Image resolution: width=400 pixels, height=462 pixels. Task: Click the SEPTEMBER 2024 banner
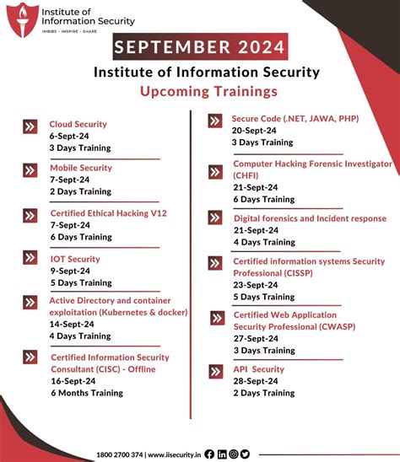tap(199, 46)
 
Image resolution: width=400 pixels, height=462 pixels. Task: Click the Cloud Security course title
tap(78, 124)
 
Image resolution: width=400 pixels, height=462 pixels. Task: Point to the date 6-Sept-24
tap(69, 136)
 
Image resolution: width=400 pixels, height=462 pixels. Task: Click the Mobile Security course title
tap(80, 168)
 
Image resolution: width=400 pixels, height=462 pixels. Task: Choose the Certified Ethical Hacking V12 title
tap(109, 213)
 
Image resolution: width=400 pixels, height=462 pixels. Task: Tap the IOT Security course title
tap(75, 259)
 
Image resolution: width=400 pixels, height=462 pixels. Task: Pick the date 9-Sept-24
tap(69, 271)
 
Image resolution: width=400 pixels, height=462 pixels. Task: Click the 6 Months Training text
tap(87, 392)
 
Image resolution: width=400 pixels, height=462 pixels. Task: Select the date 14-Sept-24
tap(73, 324)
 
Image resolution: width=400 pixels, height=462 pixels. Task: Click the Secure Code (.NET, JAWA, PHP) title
tap(295, 119)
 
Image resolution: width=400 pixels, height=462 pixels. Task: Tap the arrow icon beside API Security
tap(216, 371)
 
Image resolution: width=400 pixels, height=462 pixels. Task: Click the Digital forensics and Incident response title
tap(309, 218)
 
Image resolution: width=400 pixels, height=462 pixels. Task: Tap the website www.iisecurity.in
tap(175, 454)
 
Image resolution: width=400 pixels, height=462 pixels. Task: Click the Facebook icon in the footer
tap(209, 454)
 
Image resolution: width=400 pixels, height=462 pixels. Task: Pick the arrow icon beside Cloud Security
tap(30, 127)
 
